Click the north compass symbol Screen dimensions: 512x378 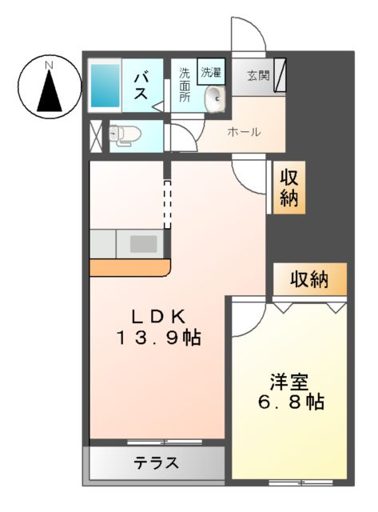(50, 86)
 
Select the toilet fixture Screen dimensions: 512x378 (122, 135)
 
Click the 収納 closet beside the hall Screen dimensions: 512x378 (288, 190)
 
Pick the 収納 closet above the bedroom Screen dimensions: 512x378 (309, 280)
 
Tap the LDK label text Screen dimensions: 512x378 (154, 314)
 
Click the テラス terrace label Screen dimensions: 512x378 (156, 462)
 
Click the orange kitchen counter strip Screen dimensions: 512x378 (128, 266)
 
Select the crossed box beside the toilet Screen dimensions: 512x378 (97, 135)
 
